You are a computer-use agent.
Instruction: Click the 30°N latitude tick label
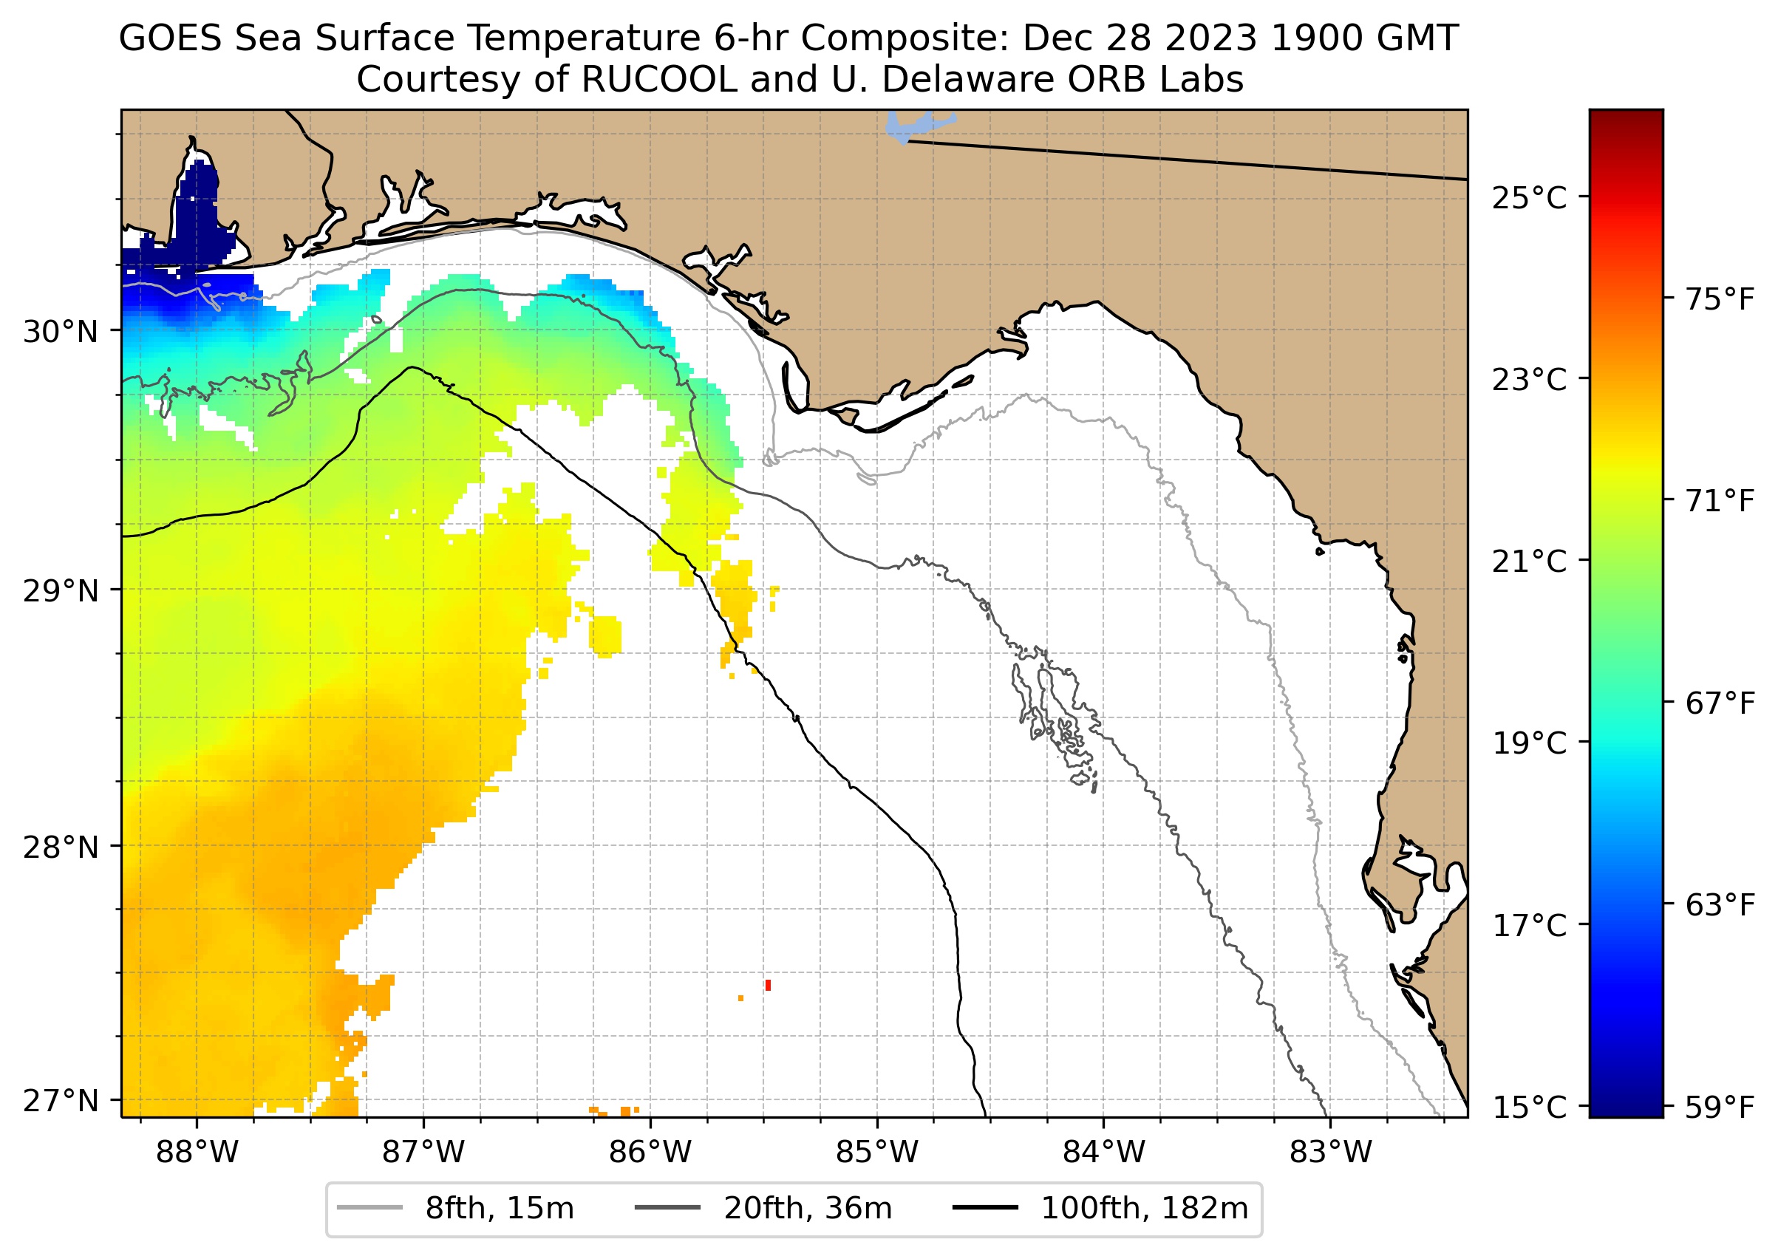point(61,332)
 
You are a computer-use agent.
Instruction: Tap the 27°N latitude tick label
point(61,1101)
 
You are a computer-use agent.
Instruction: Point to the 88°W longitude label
point(197,1153)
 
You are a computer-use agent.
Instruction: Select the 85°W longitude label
point(877,1153)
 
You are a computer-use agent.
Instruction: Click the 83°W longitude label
point(1331,1153)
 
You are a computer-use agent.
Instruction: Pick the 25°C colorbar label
point(1529,199)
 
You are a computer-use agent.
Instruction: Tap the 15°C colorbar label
point(1529,1108)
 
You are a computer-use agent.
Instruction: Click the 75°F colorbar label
point(1720,299)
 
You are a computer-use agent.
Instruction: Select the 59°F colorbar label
point(1720,1108)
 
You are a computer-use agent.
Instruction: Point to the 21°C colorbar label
point(1529,562)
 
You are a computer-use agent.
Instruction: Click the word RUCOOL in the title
point(659,80)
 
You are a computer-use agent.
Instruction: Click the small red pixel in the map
point(768,986)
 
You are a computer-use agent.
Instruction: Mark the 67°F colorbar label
point(1720,704)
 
